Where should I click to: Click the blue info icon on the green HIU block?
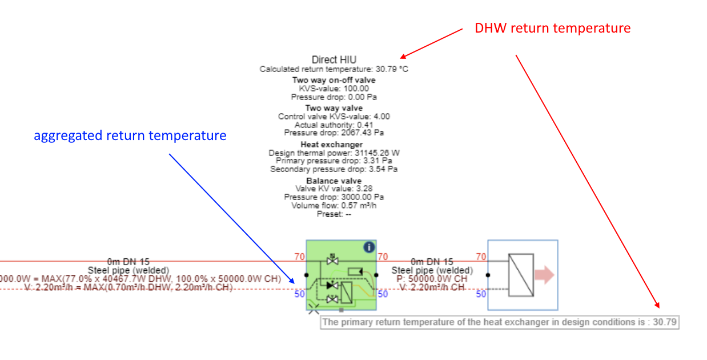pyautogui.click(x=369, y=247)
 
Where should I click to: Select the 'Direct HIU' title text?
pyautogui.click(x=334, y=59)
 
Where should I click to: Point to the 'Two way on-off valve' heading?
pyautogui.click(x=334, y=80)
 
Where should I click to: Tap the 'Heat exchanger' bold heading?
pyautogui.click(x=334, y=145)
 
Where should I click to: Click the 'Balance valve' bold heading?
pyautogui.click(x=334, y=181)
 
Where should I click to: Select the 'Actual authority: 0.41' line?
pyautogui.click(x=334, y=125)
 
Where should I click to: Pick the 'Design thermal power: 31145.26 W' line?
pyautogui.click(x=334, y=153)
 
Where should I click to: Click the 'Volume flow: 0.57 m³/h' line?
pyautogui.click(x=334, y=205)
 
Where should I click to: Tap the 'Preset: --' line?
pyautogui.click(x=334, y=214)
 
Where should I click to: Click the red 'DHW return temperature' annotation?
pyautogui.click(x=553, y=28)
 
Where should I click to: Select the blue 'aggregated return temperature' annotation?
pyautogui.click(x=130, y=135)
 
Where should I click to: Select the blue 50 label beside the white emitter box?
pyautogui.click(x=481, y=294)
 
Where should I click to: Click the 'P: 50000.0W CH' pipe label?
pyautogui.click(x=433, y=278)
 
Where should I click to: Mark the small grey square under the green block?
pyautogui.click(x=342, y=310)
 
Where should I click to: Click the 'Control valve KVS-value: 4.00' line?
pyautogui.click(x=334, y=117)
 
